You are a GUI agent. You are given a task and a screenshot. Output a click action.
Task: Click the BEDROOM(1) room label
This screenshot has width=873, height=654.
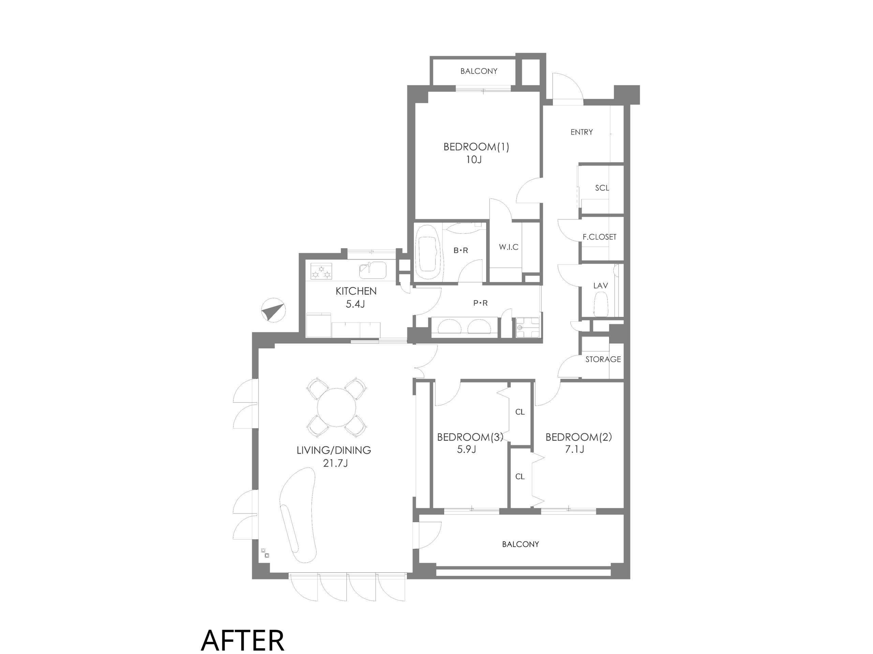476,147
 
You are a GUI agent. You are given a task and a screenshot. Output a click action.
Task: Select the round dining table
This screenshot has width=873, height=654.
336,407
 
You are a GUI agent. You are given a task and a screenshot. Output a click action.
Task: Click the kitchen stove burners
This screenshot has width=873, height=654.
321,271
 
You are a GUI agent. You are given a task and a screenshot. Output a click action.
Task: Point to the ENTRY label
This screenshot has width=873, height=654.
581,132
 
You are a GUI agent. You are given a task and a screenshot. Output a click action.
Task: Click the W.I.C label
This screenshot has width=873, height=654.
508,247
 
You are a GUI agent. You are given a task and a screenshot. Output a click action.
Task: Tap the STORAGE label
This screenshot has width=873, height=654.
603,359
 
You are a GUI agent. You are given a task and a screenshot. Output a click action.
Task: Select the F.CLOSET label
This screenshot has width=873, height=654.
599,237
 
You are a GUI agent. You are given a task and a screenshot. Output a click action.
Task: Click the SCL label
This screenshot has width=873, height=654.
602,188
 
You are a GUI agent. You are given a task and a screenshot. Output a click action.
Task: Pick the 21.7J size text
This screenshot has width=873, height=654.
335,463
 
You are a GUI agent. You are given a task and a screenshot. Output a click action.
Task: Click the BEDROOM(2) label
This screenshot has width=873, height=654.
579,437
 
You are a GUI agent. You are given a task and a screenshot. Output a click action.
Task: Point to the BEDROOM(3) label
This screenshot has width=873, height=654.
470,437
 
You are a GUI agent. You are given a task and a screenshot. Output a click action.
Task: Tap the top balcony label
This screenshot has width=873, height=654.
479,71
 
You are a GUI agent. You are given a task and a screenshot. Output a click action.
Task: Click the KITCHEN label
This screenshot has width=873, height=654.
356,291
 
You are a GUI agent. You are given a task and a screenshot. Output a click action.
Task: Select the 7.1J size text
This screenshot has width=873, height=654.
574,449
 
